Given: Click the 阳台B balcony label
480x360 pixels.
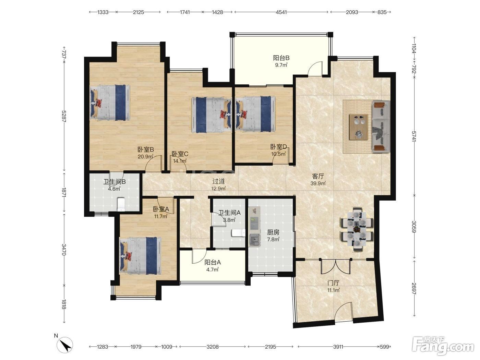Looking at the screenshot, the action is pos(281,58).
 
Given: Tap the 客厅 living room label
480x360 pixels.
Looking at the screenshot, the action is pos(318,176).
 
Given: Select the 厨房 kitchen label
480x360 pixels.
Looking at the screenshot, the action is pos(273,232).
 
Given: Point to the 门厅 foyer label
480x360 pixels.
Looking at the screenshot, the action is pos(333,283).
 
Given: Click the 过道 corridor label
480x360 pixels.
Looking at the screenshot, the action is pos(218,181).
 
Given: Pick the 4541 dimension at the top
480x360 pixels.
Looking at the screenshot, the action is pos(281,12).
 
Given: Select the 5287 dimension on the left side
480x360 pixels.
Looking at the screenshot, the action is pos(64,116).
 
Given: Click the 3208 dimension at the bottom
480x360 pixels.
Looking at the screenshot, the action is pos(212,347).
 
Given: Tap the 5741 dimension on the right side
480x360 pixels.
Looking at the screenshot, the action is pos(414,136).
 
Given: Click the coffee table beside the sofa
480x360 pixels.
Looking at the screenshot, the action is pos(358,127).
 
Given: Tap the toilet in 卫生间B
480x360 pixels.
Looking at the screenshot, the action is pos(121,205).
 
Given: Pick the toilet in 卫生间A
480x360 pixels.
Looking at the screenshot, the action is pos(238,233).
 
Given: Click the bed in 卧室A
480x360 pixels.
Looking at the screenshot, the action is pos(140,256).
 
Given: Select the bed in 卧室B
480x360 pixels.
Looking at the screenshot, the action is pos(110,103).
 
